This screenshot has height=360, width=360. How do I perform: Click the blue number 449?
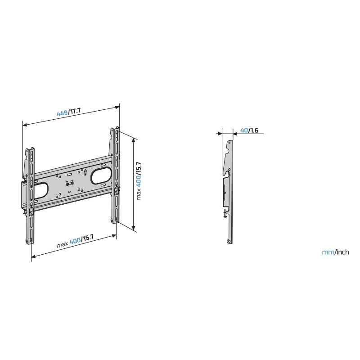(x=62, y=113)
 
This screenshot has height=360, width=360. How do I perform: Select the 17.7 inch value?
(x=75, y=111)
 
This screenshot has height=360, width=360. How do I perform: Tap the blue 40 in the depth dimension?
(x=244, y=130)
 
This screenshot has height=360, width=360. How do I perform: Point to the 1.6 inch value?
(x=254, y=130)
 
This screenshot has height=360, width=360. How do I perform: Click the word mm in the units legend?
(x=328, y=252)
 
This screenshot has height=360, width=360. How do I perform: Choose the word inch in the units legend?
(x=342, y=252)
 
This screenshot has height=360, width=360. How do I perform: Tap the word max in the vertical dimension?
(x=139, y=194)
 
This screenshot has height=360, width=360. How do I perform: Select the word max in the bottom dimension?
(x=62, y=244)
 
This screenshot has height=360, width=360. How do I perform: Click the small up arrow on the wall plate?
(x=85, y=172)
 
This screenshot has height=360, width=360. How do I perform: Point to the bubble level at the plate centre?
(x=69, y=183)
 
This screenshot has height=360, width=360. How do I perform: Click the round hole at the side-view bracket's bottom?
(x=229, y=242)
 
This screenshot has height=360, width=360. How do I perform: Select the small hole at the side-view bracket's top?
(x=229, y=143)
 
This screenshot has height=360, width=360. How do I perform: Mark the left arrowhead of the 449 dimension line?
(x=25, y=125)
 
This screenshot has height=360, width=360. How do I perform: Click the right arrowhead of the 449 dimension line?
(x=117, y=107)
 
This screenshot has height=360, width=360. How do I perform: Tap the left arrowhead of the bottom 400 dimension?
(x=33, y=256)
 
